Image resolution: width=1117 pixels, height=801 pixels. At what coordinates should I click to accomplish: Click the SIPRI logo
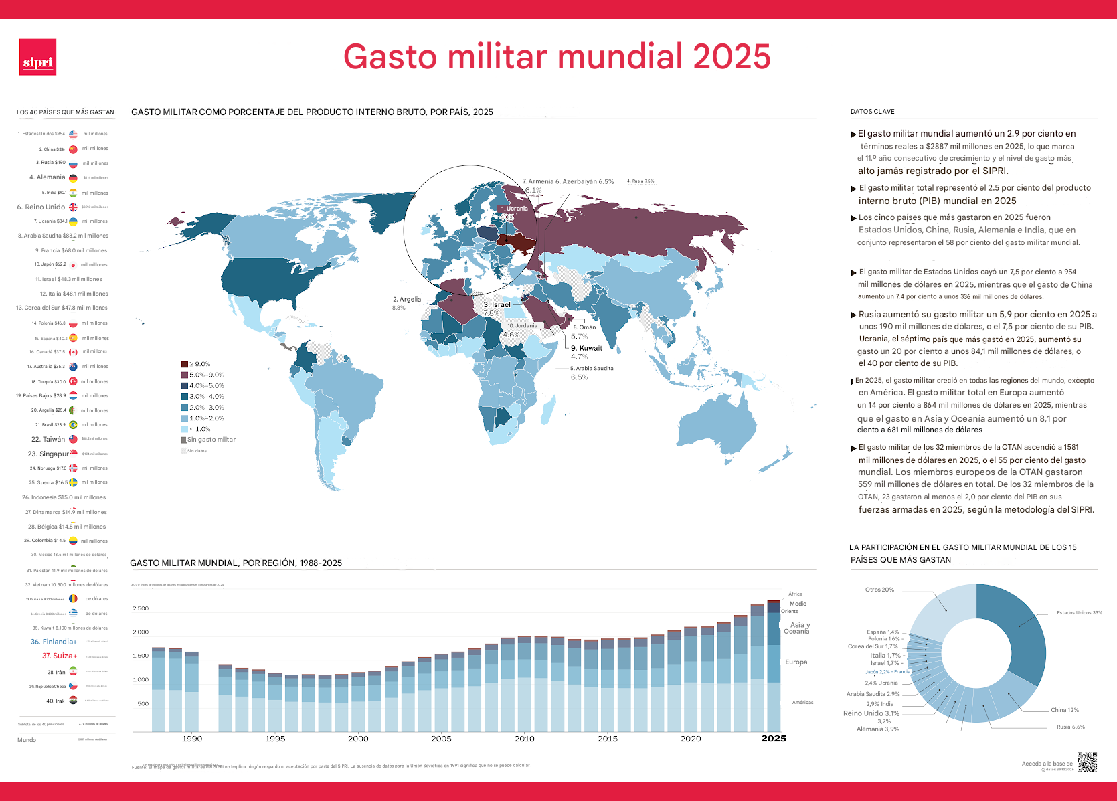point(37,57)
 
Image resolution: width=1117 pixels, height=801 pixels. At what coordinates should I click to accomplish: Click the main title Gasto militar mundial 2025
point(557,56)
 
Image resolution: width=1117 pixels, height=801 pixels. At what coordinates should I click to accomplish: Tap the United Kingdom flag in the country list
point(73,207)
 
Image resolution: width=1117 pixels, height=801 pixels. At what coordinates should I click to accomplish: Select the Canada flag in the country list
point(73,352)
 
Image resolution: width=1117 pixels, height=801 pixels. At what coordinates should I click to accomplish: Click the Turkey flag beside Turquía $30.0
point(73,381)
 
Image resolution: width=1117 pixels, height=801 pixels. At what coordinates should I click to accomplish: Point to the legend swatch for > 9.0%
point(184,364)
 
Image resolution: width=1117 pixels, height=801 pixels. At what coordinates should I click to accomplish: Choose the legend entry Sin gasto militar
point(211,440)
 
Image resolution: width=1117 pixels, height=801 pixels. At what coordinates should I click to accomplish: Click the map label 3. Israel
point(497,304)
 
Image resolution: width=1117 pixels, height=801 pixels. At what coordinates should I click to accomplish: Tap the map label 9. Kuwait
point(586,348)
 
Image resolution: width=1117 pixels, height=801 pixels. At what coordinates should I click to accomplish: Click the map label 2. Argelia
point(407,299)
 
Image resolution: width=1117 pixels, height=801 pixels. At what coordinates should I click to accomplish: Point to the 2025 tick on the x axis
point(774,739)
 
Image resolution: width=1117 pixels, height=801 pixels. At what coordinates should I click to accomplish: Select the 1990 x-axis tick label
point(192,739)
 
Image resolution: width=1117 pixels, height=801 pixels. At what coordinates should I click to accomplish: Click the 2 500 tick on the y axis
point(141,608)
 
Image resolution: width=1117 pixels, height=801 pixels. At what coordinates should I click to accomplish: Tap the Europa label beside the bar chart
point(796,662)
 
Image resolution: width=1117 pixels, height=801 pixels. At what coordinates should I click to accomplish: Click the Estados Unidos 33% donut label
point(1079,612)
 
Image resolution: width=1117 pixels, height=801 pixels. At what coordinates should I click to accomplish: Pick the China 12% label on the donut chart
point(1064,710)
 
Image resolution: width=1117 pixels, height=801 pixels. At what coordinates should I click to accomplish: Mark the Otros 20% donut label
point(879,590)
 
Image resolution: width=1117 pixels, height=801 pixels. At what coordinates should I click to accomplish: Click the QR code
point(1087,762)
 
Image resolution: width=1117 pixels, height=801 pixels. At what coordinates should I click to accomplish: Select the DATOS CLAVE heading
point(872,112)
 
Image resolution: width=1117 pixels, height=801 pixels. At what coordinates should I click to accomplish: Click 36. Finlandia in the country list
point(54,642)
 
